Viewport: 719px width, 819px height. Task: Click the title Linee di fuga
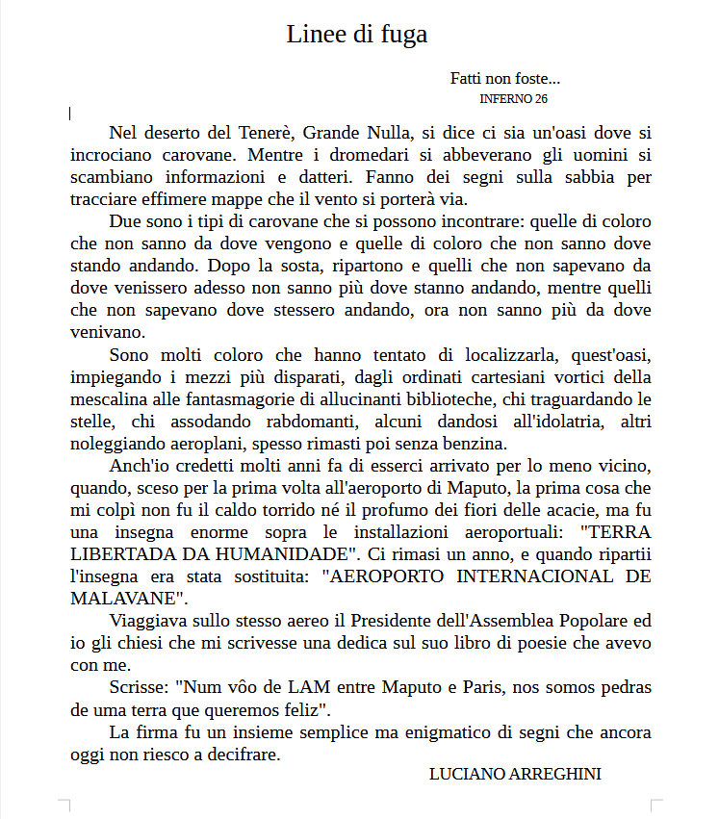click(356, 35)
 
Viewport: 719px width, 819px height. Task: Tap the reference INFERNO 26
click(513, 98)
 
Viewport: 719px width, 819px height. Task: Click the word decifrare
click(236, 755)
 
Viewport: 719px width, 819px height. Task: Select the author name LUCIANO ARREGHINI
click(515, 775)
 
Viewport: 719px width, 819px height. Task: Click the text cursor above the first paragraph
click(70, 114)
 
